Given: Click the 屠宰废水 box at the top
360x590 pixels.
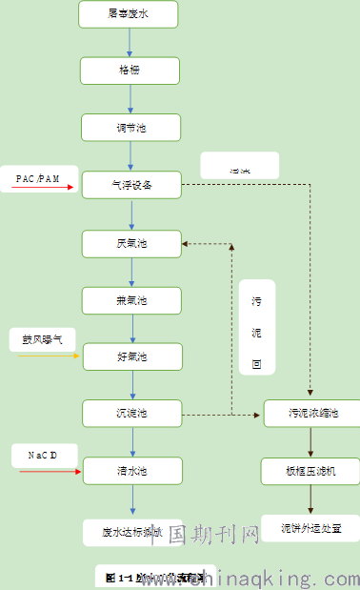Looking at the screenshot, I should click(130, 13).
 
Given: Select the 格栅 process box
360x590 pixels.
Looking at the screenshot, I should click(130, 71).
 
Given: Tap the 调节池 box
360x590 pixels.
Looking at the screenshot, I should click(130, 127).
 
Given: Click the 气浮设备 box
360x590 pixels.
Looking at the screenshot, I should click(130, 185).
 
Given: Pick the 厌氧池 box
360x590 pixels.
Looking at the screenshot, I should click(130, 243).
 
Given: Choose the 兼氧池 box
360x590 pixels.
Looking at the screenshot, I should click(130, 300).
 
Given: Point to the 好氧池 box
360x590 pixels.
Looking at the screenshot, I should click(130, 356).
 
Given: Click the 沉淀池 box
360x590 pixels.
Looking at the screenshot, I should click(130, 414).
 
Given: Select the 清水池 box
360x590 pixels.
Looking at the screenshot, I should click(130, 471).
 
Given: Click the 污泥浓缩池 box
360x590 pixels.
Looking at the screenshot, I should click(310, 414).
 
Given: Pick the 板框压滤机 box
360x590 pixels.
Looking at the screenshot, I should click(310, 471).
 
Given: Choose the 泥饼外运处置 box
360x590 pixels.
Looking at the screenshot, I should click(310, 527).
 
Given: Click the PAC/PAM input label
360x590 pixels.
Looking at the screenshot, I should click(38, 178).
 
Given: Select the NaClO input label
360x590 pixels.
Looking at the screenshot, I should click(38, 456).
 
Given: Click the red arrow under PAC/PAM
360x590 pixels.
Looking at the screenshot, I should click(44, 188).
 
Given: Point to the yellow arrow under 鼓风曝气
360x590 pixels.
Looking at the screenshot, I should click(48, 356).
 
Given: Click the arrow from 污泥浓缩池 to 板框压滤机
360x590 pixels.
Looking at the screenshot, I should click(310, 442).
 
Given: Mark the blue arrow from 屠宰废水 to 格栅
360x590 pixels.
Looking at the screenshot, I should click(130, 42).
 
